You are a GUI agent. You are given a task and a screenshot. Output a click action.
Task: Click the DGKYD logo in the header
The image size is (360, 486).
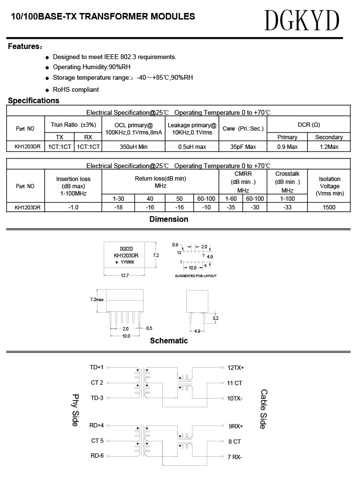(302, 21)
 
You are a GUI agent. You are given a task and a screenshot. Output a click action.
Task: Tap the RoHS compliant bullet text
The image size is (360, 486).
(75, 89)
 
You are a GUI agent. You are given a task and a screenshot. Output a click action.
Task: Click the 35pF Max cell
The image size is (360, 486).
(243, 146)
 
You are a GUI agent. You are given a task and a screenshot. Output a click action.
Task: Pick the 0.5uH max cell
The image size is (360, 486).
(192, 146)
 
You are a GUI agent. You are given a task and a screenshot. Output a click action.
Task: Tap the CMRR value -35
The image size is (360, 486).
(231, 207)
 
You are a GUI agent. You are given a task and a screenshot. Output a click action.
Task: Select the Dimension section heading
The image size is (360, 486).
(168, 219)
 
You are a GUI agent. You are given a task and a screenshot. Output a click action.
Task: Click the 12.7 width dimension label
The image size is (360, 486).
(125, 276)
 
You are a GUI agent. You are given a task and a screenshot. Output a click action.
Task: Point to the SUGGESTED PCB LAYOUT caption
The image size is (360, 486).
(196, 276)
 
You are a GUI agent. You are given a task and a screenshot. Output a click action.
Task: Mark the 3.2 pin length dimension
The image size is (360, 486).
(216, 318)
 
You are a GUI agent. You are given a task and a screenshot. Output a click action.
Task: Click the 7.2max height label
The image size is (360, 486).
(96, 299)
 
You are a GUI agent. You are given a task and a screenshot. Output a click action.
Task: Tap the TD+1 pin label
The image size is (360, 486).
(96, 367)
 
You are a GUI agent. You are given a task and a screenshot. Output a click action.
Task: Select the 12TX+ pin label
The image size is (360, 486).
(236, 367)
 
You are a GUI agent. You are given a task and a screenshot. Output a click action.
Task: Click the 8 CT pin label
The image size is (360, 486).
(234, 441)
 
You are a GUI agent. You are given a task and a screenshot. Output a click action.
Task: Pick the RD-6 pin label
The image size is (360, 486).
(96, 456)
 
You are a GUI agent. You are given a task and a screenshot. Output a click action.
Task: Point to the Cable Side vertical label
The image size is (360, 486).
(264, 409)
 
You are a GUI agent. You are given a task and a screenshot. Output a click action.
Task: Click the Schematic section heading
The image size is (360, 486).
(168, 340)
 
